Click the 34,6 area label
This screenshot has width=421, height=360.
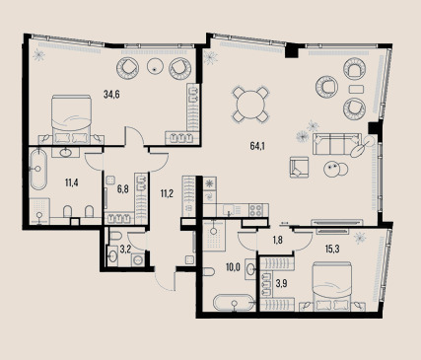pos(111,95)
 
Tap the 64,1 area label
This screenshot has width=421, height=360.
pos(257,146)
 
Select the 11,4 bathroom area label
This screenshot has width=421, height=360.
pos(71,182)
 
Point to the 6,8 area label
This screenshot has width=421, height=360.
pos(122,189)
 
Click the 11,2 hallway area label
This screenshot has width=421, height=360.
pos(167,194)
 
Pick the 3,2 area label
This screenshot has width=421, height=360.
pos(125,250)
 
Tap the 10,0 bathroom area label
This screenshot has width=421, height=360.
pos(233,267)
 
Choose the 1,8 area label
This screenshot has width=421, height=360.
pos(278,240)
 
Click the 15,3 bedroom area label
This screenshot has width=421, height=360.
pos(332,250)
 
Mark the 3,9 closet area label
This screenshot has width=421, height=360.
pos(282,283)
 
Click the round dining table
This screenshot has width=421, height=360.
pos(250,105)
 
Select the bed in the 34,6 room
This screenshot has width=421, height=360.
pos(71,119)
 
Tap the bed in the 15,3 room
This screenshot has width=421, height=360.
pos(332,286)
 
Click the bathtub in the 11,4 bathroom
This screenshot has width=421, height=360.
pos(38,170)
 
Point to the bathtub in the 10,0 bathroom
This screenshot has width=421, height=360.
pos(234,303)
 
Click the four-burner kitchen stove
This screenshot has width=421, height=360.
pos(256,210)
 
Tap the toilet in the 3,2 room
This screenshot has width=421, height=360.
pos(115,236)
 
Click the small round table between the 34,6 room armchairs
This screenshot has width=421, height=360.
pos(155,67)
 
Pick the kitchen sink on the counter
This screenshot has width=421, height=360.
pos(229,209)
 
